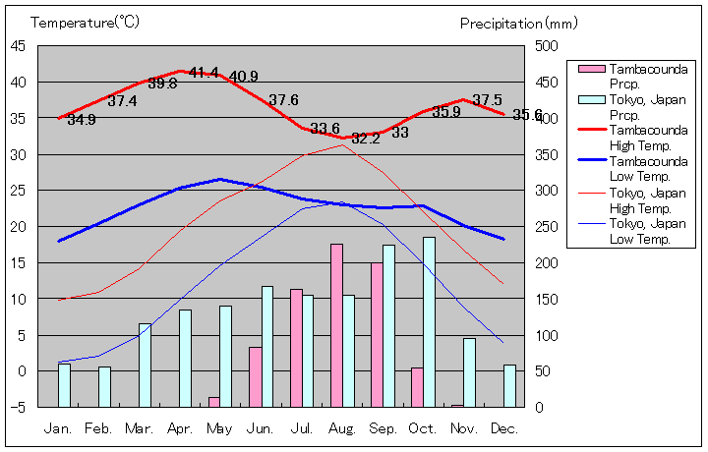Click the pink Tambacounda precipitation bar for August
(336, 325)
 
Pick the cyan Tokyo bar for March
(145, 365)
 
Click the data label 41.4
(204, 73)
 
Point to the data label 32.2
(365, 139)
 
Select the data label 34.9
(82, 120)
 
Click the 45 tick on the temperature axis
(19, 45)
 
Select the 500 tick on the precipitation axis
(546, 45)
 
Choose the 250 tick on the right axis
(546, 226)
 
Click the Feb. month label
(98, 428)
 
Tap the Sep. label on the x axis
(383, 428)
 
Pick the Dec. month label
(504, 428)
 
